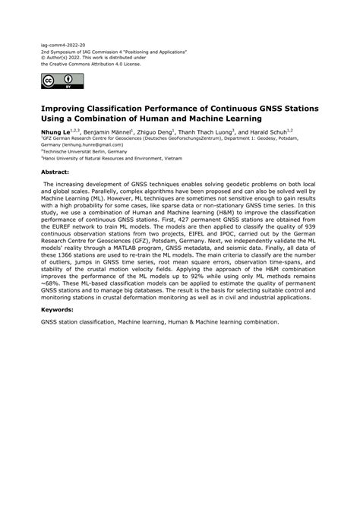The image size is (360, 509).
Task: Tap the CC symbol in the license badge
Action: coord(49,80)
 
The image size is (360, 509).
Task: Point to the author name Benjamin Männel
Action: coord(103,131)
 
